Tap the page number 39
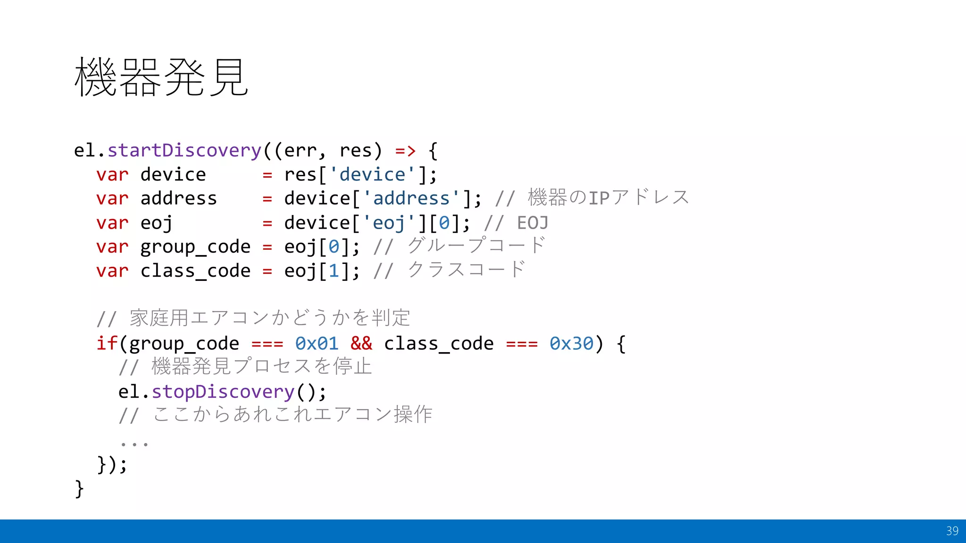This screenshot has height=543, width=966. click(952, 531)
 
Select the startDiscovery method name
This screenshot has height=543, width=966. click(184, 150)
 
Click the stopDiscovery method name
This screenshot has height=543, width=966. click(223, 392)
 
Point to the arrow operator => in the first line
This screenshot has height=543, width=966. click(405, 150)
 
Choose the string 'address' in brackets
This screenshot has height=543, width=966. click(411, 198)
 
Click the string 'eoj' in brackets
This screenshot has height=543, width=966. click(389, 223)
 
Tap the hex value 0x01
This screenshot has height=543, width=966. click(316, 344)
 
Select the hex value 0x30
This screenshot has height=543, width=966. click(571, 344)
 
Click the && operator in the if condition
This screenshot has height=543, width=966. click(361, 344)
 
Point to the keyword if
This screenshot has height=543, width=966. click(107, 344)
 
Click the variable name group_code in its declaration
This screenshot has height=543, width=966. click(195, 247)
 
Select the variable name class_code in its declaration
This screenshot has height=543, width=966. click(195, 271)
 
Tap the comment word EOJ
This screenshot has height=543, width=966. click(533, 223)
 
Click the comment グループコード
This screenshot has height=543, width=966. click(476, 246)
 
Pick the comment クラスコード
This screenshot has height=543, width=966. click(466, 270)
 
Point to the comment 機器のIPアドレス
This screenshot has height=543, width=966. click(608, 198)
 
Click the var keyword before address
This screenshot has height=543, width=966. click(112, 198)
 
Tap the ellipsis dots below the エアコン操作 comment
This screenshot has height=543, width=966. click(134, 444)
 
